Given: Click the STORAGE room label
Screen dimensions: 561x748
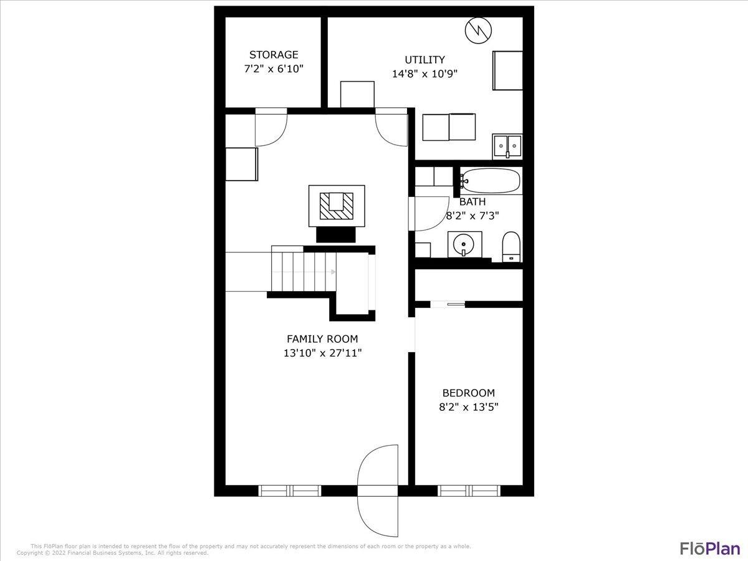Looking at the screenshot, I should point(274,55).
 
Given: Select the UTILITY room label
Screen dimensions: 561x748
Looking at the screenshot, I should point(424,60).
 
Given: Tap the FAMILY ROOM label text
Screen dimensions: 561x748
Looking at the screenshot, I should point(322,339).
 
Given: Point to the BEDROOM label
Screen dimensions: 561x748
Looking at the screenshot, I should point(468,393).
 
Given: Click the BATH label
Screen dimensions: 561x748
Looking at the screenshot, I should point(472,202).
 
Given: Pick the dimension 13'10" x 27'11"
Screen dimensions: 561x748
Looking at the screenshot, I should point(322,353).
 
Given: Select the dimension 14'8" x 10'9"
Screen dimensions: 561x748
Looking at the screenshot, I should point(424,74).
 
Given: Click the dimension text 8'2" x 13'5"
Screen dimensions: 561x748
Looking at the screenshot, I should point(468,407).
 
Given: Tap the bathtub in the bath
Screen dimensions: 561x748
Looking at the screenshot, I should point(491,181).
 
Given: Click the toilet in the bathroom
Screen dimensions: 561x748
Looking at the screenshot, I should point(511,247).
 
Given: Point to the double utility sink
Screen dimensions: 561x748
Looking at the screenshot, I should point(507,145).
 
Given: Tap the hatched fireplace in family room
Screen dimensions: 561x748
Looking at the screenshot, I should point(337,206).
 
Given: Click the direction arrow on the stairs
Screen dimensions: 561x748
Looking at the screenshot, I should point(333,272).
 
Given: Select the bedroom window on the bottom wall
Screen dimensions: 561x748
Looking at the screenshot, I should point(469,491).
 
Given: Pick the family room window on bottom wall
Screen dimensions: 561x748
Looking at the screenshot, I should point(290,491).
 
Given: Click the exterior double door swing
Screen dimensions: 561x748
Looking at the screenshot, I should point(378,491).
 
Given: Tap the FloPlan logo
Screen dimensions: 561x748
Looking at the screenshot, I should point(709,549).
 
